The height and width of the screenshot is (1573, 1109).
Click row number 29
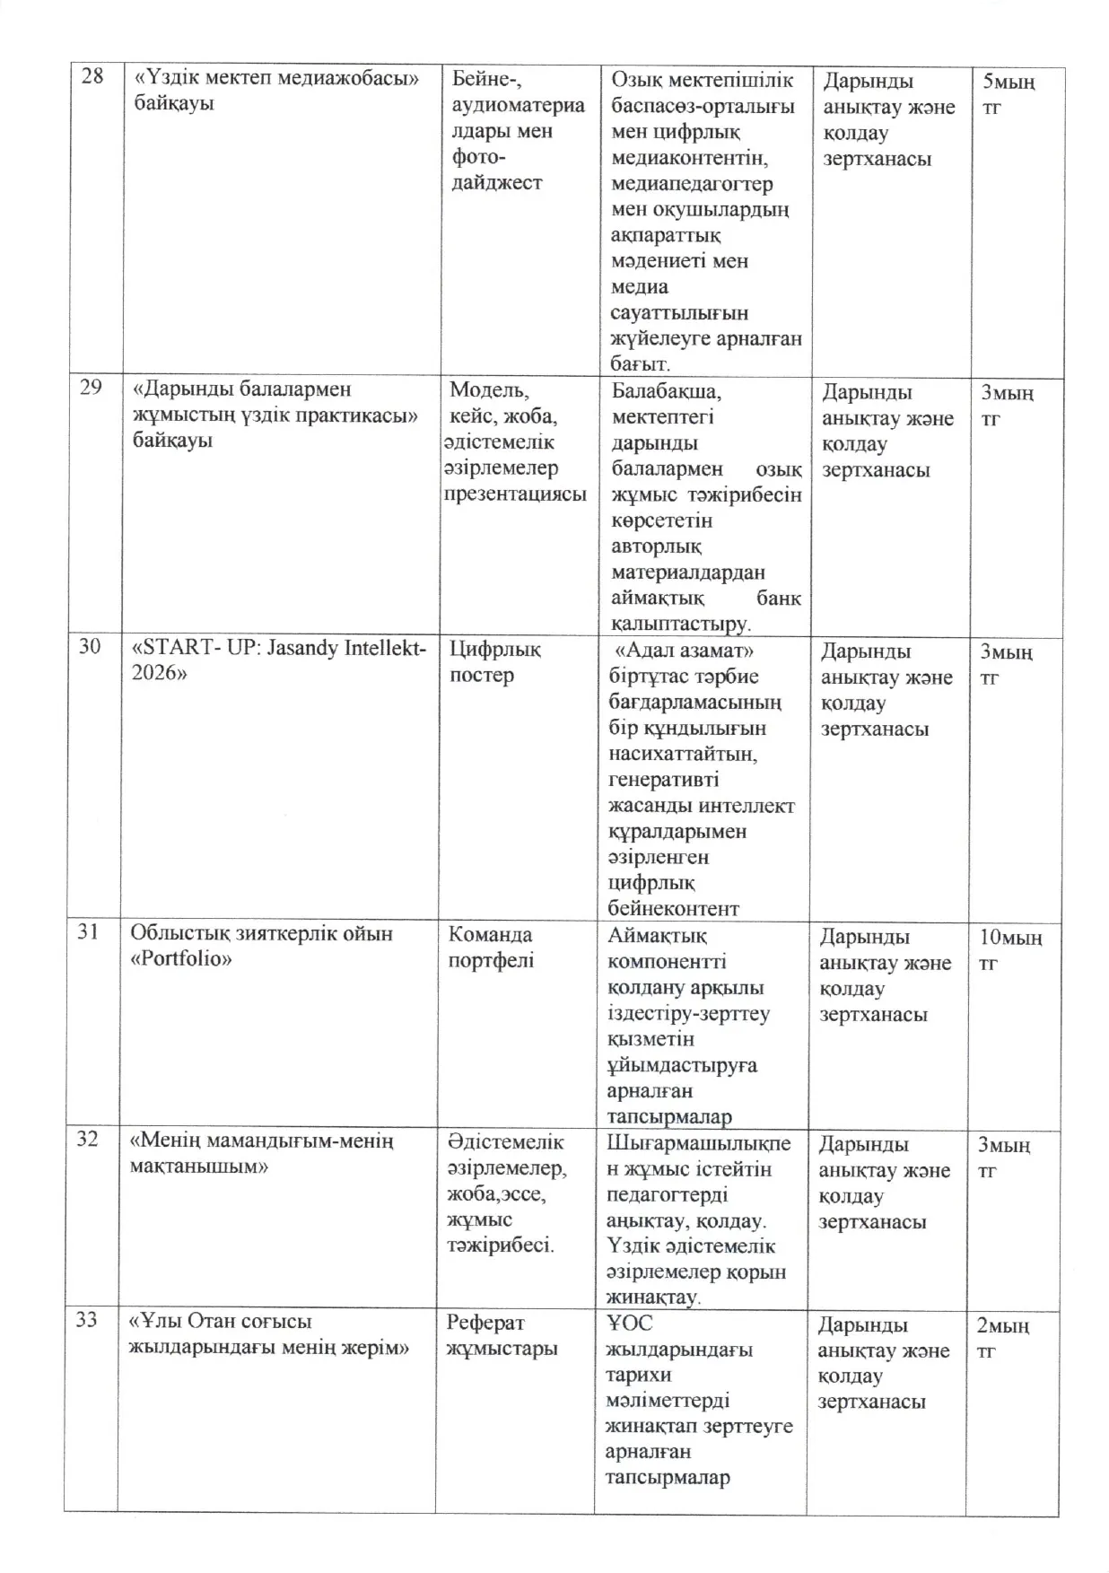tap(92, 388)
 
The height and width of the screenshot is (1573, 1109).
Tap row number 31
tap(88, 931)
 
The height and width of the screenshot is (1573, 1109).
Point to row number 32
tap(87, 1139)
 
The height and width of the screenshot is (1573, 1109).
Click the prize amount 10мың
tap(1009, 938)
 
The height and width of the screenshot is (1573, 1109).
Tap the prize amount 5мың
tap(1009, 82)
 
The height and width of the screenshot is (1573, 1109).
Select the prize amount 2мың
tap(1002, 1325)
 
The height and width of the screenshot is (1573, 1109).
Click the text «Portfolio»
tap(181, 958)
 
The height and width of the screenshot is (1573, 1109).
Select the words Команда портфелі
tap(491, 947)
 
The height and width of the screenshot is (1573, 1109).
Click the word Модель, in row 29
tap(489, 389)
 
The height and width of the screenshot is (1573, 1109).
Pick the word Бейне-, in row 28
tap(487, 80)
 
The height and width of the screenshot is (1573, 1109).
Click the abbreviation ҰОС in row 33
tap(629, 1323)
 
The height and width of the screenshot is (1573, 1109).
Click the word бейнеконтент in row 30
tap(673, 908)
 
